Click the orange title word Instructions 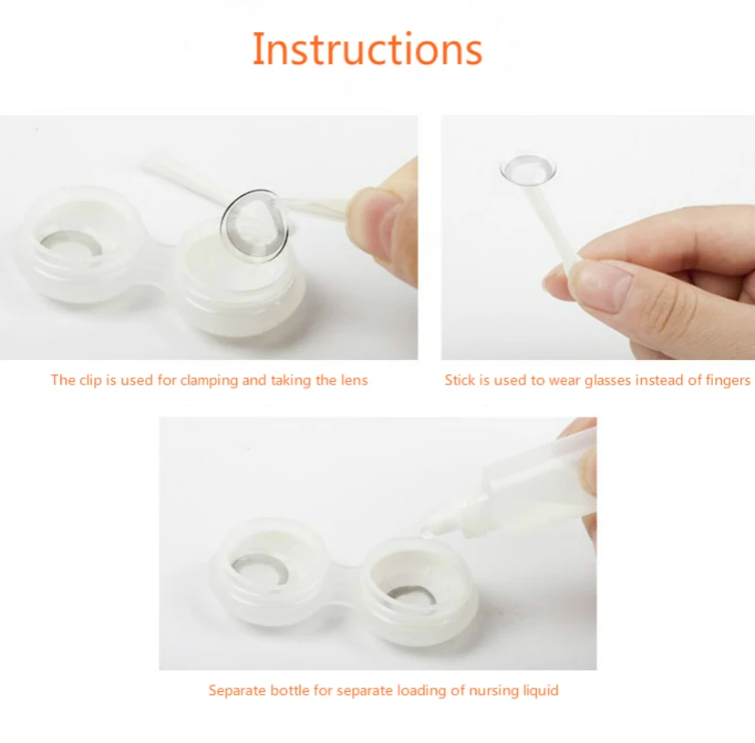(x=367, y=49)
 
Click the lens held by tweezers (x=254, y=224)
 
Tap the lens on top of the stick (x=528, y=170)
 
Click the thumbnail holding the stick (x=603, y=287)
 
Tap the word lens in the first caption (x=355, y=380)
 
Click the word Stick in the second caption (x=460, y=380)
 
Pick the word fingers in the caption (x=728, y=381)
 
